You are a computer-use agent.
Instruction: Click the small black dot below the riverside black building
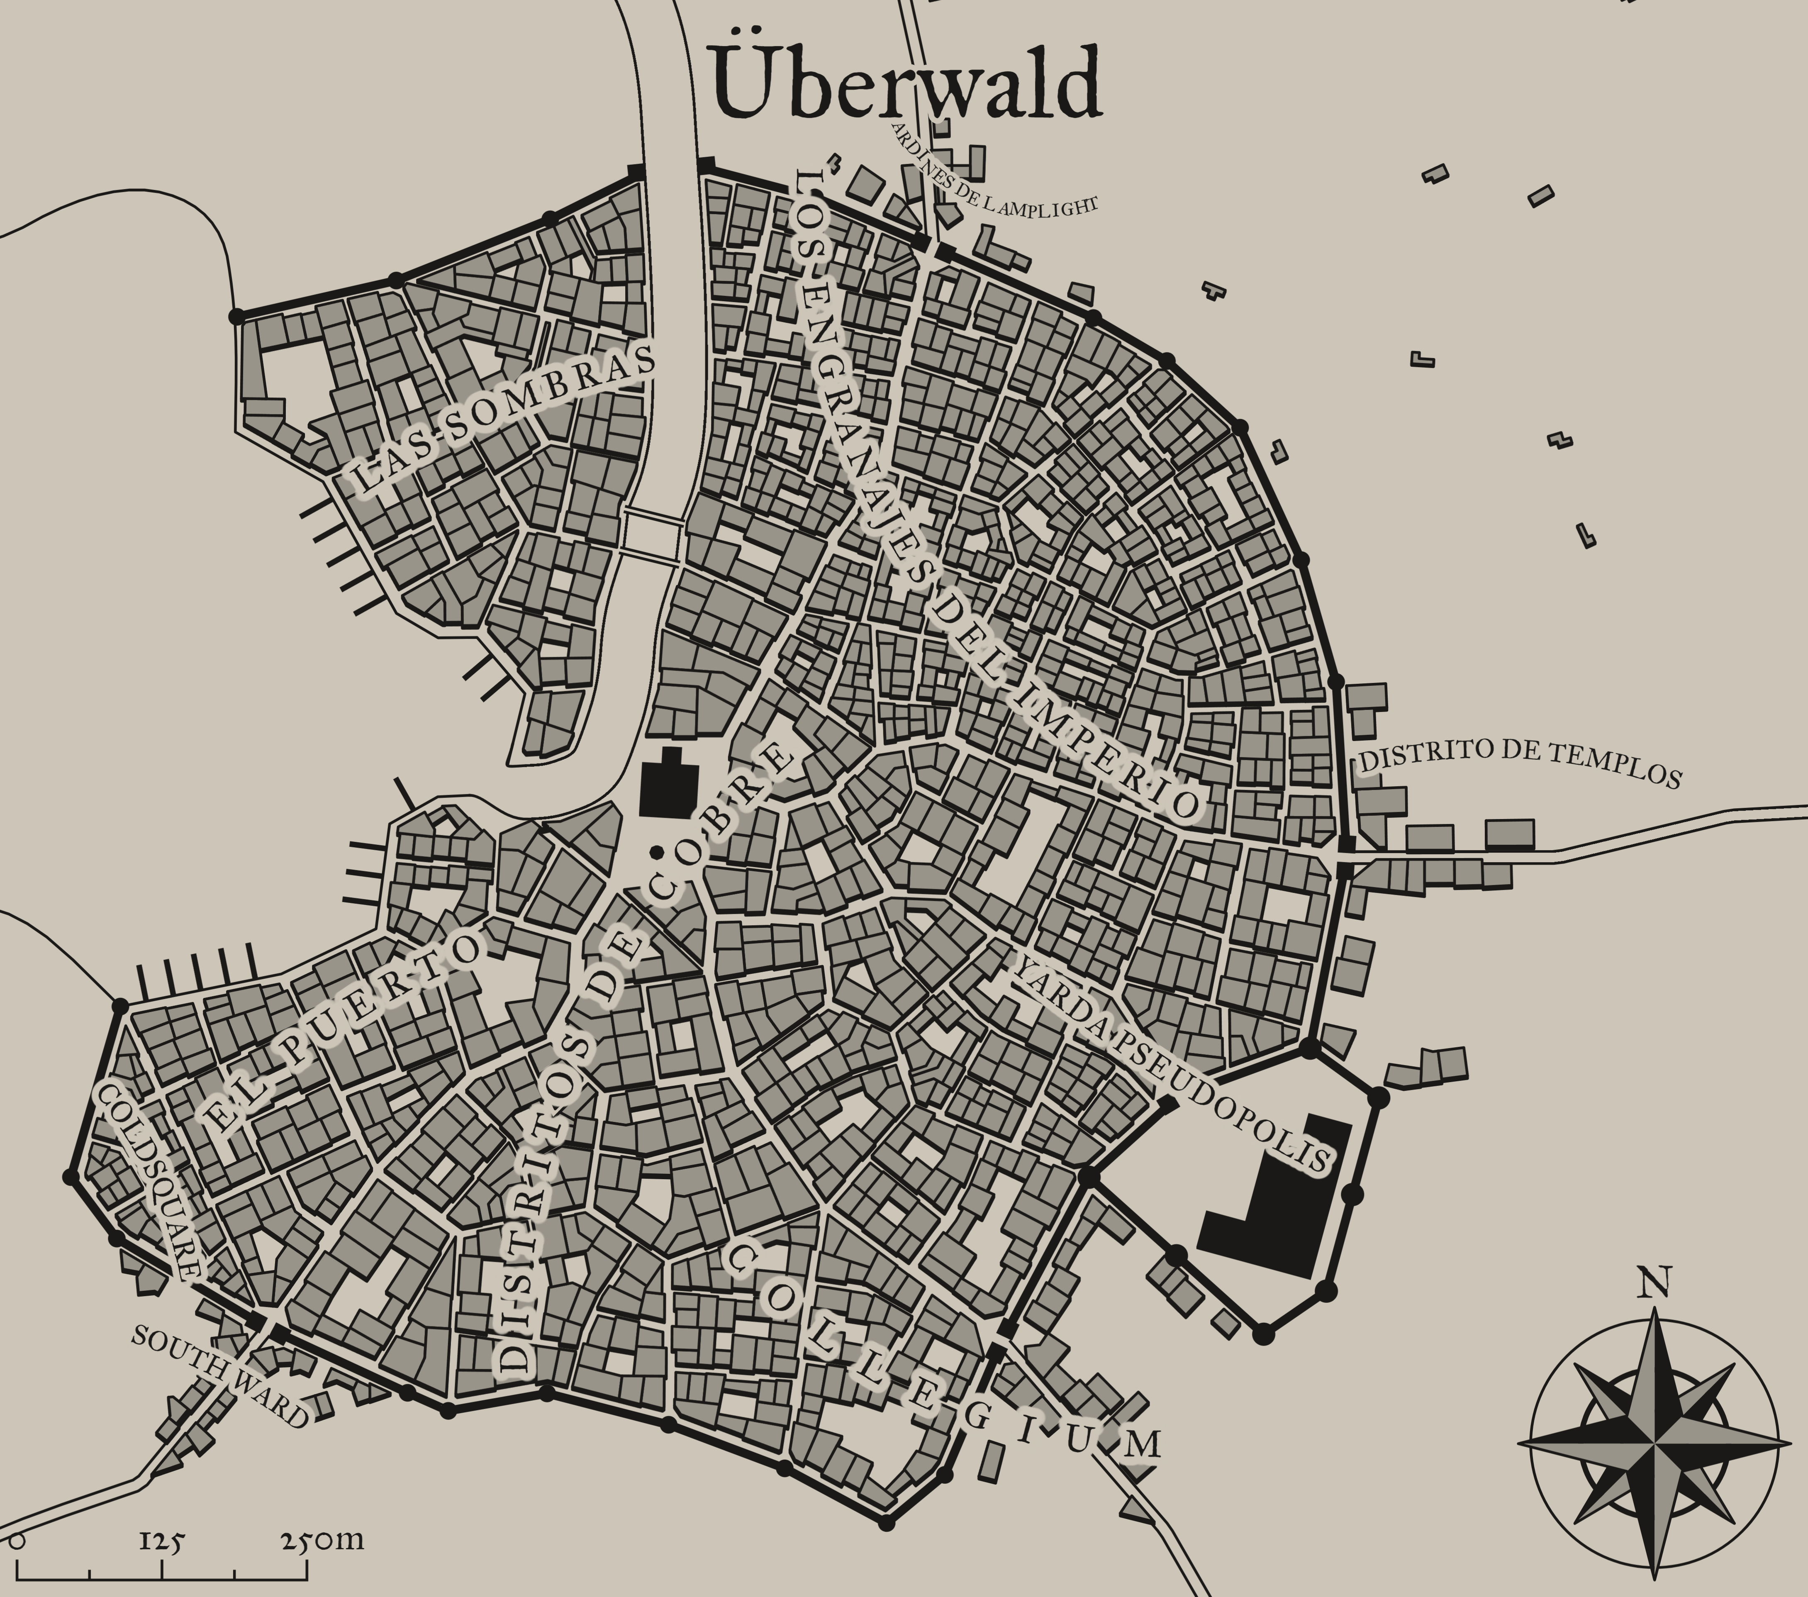[x=656, y=852]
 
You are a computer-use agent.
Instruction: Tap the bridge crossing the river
[x=652, y=534]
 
